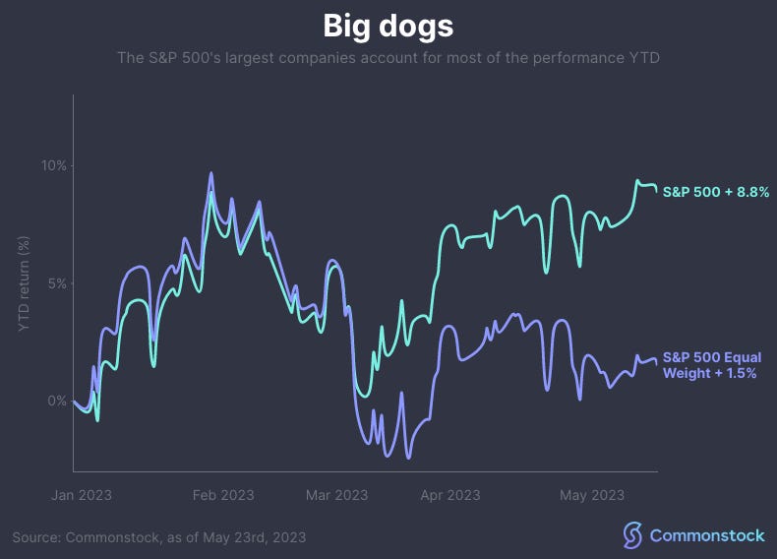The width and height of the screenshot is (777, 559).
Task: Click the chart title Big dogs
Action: coord(388,25)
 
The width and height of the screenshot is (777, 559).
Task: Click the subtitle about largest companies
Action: coord(388,58)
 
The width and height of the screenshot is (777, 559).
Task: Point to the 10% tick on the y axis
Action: coord(53,165)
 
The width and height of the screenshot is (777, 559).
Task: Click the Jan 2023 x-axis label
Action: coord(82,495)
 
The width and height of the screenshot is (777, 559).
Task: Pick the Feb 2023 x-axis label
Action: coord(223,495)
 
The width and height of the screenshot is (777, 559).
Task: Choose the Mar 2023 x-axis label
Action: coord(336,495)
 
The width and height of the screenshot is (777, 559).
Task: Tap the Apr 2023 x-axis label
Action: coord(449,495)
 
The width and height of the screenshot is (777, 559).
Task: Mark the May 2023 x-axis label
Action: coord(592,495)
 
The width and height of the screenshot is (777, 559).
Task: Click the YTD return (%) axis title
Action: coord(25,283)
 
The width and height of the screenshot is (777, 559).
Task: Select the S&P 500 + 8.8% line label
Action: coord(715,192)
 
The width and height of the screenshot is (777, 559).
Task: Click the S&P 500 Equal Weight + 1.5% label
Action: coord(712,365)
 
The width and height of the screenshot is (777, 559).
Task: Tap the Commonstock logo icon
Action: coord(632,535)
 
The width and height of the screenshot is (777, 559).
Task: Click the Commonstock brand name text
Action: coord(706,535)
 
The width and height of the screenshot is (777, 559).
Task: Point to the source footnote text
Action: coord(159,537)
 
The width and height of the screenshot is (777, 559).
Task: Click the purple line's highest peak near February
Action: coord(211,173)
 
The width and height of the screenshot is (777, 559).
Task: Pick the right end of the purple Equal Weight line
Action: coord(657,362)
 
